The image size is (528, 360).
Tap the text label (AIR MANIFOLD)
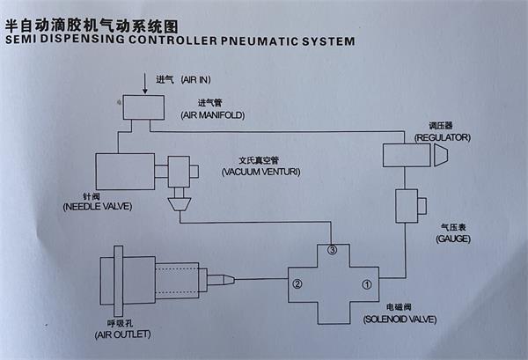tap(212, 115)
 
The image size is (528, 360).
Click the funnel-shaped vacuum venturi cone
tap(180, 204)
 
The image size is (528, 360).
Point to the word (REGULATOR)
tap(444, 138)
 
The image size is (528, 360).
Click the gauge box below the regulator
tap(409, 207)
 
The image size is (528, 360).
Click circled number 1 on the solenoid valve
tap(367, 284)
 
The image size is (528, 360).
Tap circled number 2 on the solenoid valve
tap(297, 284)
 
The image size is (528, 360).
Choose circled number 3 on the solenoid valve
tap(332, 251)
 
